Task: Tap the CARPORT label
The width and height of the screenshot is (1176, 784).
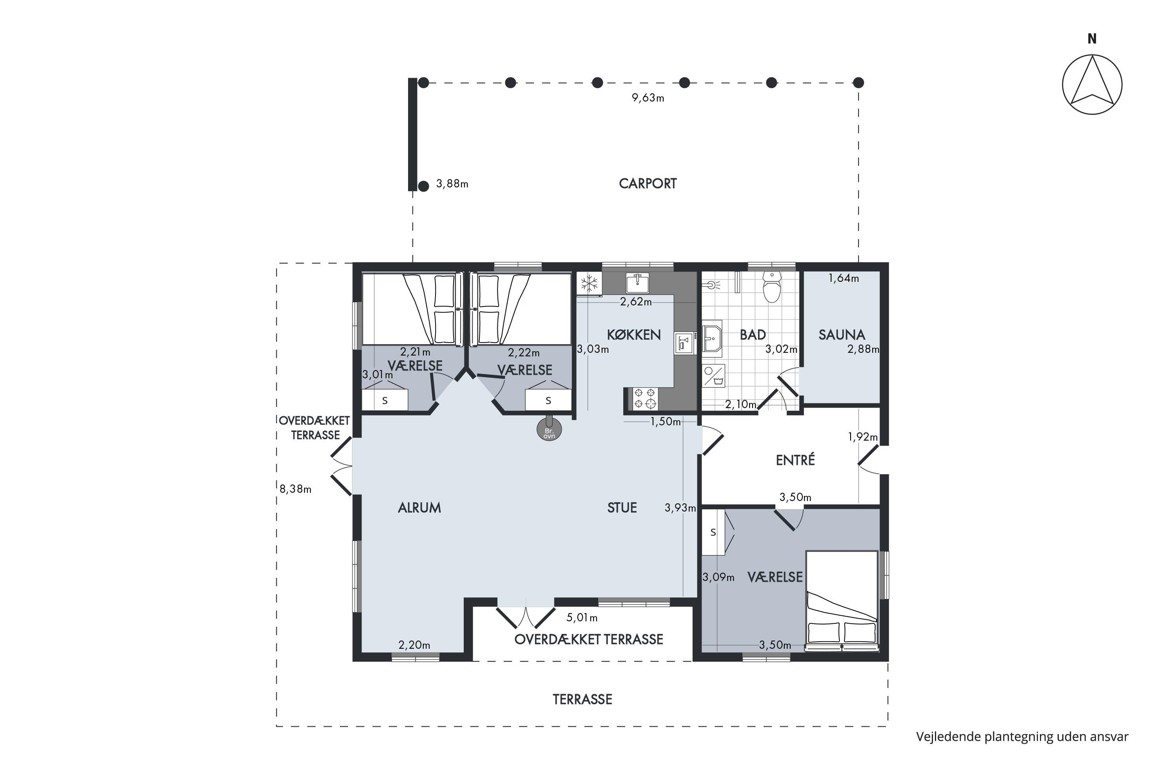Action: pos(648,183)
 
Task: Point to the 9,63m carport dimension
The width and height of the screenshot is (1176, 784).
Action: pos(648,98)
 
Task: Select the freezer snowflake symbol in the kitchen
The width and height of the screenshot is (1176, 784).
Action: pos(590,283)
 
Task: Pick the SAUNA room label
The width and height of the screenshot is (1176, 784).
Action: pos(842,334)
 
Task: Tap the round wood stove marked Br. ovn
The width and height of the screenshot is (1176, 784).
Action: pos(549,430)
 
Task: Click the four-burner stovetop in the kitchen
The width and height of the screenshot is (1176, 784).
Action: pos(644,399)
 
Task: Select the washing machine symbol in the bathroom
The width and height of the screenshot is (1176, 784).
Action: pos(713,376)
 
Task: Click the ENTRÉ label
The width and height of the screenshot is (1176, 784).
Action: pos(795,459)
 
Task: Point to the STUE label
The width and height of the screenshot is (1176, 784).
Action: pos(622,508)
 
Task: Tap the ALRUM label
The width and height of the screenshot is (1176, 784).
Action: pos(419,508)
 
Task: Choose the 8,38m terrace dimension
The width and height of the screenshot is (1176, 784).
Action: pos(296,489)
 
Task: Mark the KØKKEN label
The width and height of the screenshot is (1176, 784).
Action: pos(634,334)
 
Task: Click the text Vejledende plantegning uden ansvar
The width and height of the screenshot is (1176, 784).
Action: pos(1022,737)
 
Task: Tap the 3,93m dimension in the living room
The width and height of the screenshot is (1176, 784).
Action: pos(680,508)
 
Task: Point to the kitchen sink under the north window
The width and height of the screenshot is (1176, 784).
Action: pos(637,283)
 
